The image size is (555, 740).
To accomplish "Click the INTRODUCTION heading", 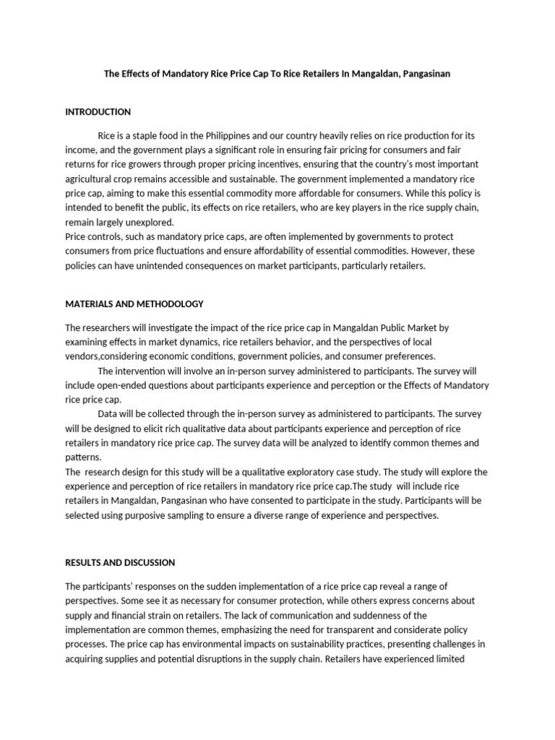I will (98, 112).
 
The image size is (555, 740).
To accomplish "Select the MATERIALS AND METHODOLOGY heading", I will (134, 304).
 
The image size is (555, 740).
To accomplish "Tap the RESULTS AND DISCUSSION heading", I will (120, 562).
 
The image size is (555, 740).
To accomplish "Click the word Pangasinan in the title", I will (420, 74).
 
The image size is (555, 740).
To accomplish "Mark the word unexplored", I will (149, 222).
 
